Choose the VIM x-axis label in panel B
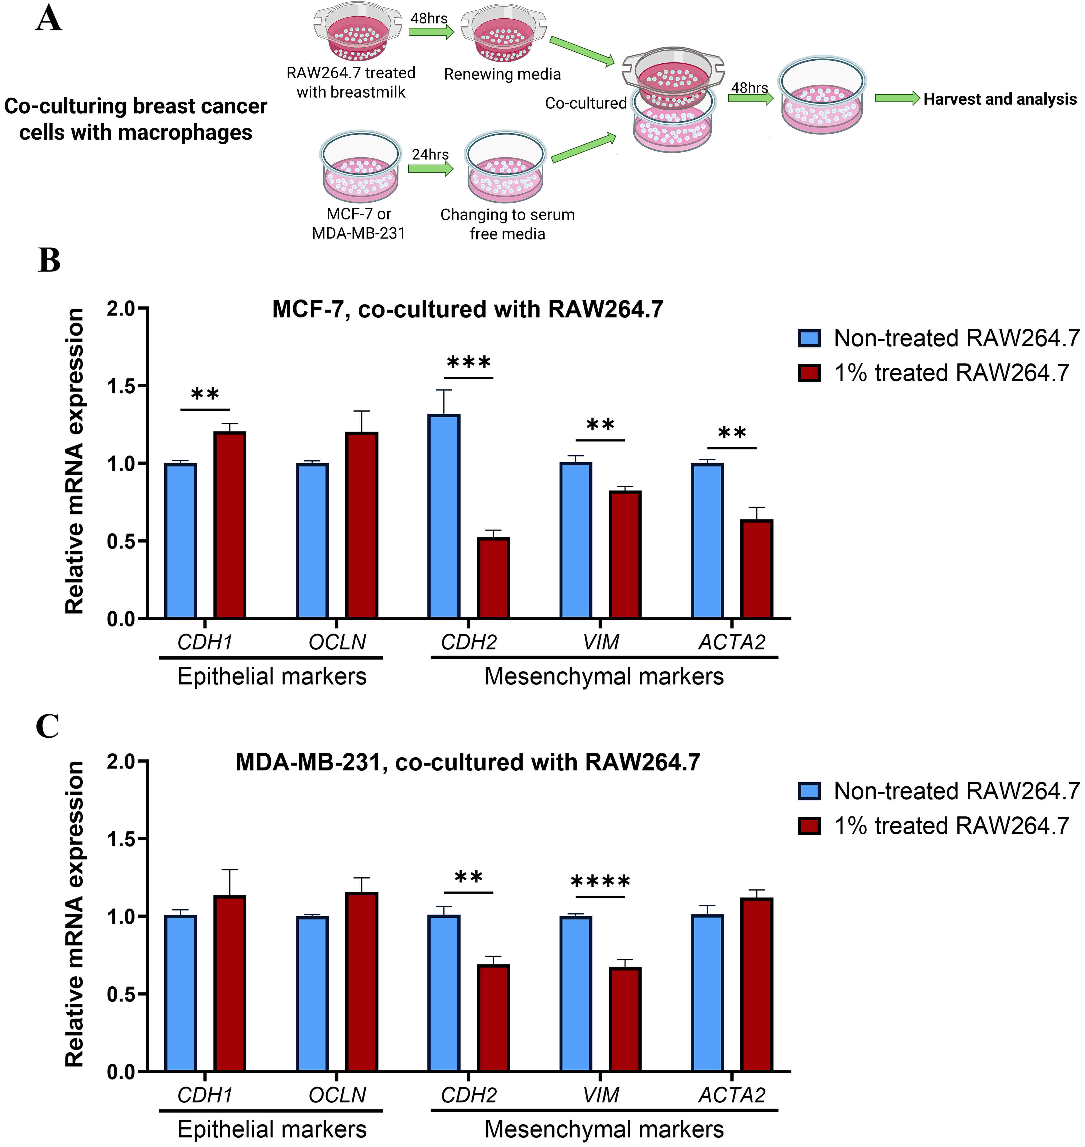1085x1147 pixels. [601, 642]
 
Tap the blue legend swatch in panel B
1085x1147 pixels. [809, 338]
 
